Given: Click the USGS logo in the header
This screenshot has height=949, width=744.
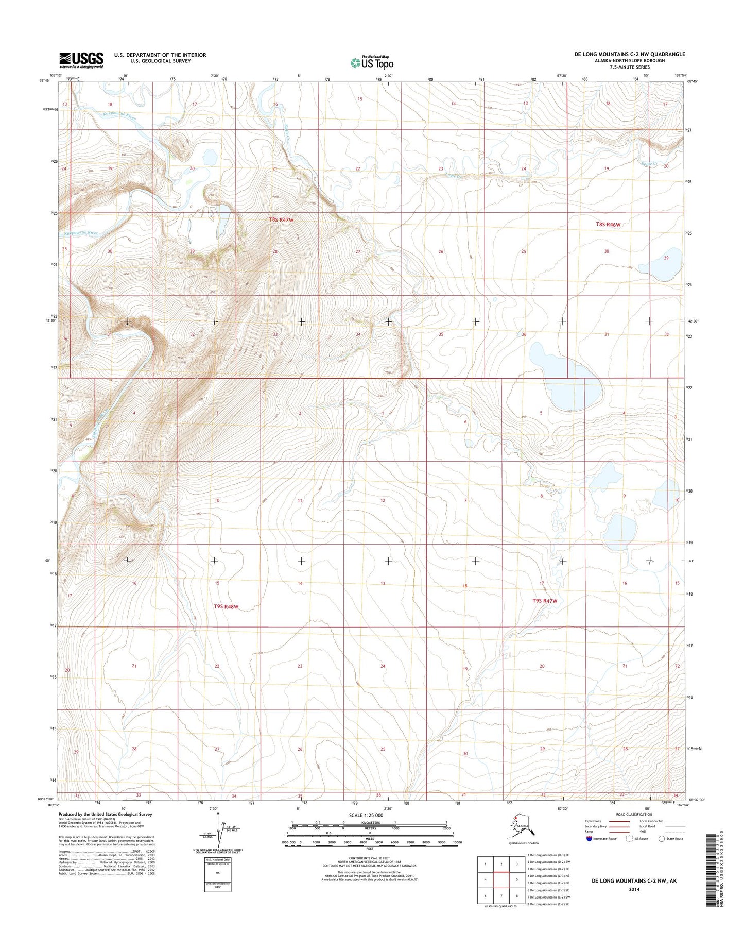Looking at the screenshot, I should [81, 60].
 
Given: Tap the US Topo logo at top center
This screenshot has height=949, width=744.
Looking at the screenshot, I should [372, 62].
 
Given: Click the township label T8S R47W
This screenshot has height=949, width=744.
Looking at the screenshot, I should [281, 220].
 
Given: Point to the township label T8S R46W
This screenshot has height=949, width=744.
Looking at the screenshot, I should [608, 224].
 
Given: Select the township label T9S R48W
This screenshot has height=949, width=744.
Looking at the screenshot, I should [227, 606].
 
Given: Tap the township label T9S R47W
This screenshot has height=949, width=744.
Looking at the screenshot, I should [545, 601].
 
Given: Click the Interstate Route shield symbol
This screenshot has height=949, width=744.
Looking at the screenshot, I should [589, 838].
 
